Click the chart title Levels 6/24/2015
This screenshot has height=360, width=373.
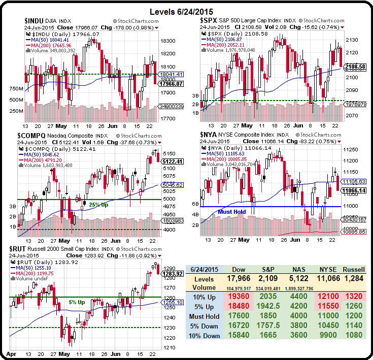click(x=186, y=12)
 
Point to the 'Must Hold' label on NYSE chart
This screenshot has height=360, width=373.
click(x=234, y=211)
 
